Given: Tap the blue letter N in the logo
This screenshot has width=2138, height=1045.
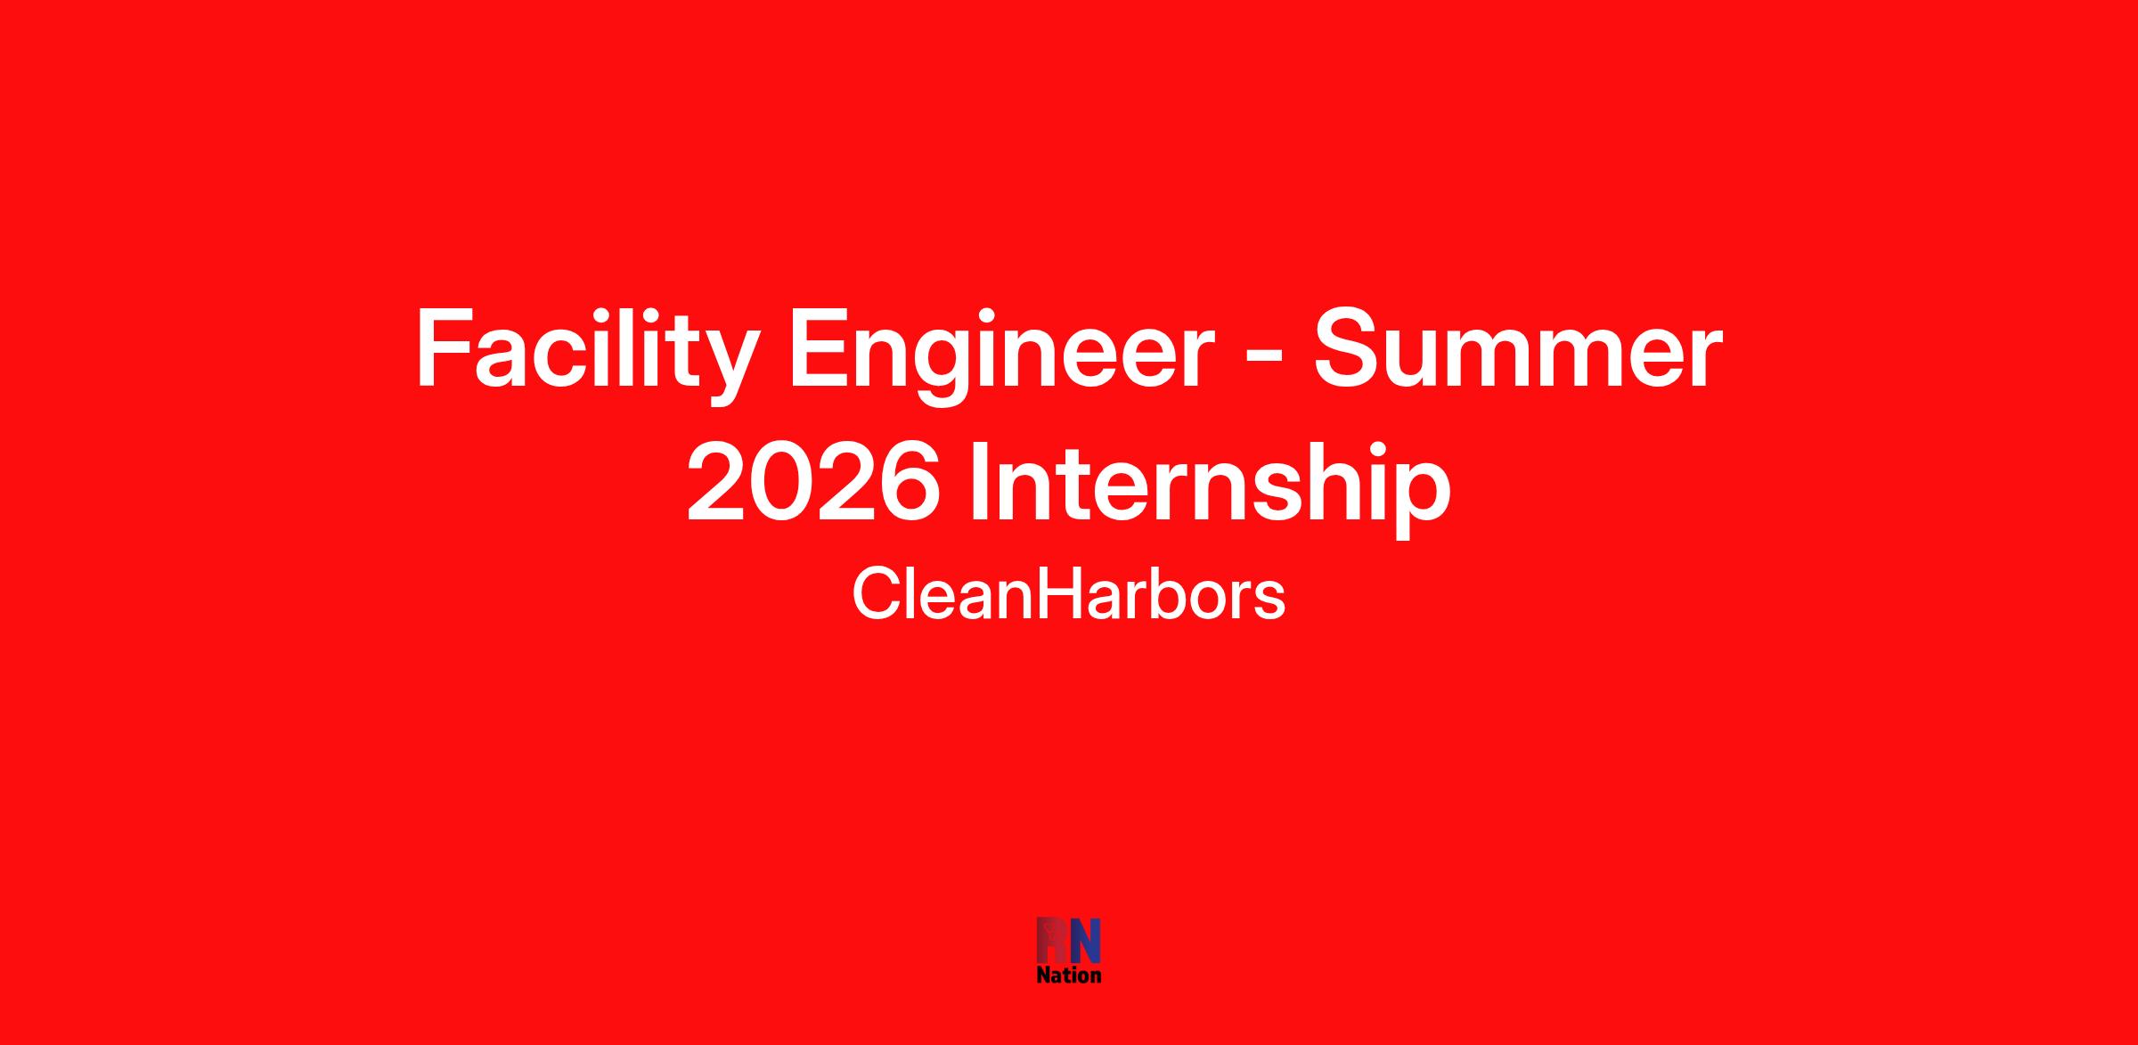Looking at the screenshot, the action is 1085,940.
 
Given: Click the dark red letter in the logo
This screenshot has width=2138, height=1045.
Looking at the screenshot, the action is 1052,940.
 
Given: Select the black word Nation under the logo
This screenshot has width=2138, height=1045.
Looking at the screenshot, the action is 1069,975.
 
